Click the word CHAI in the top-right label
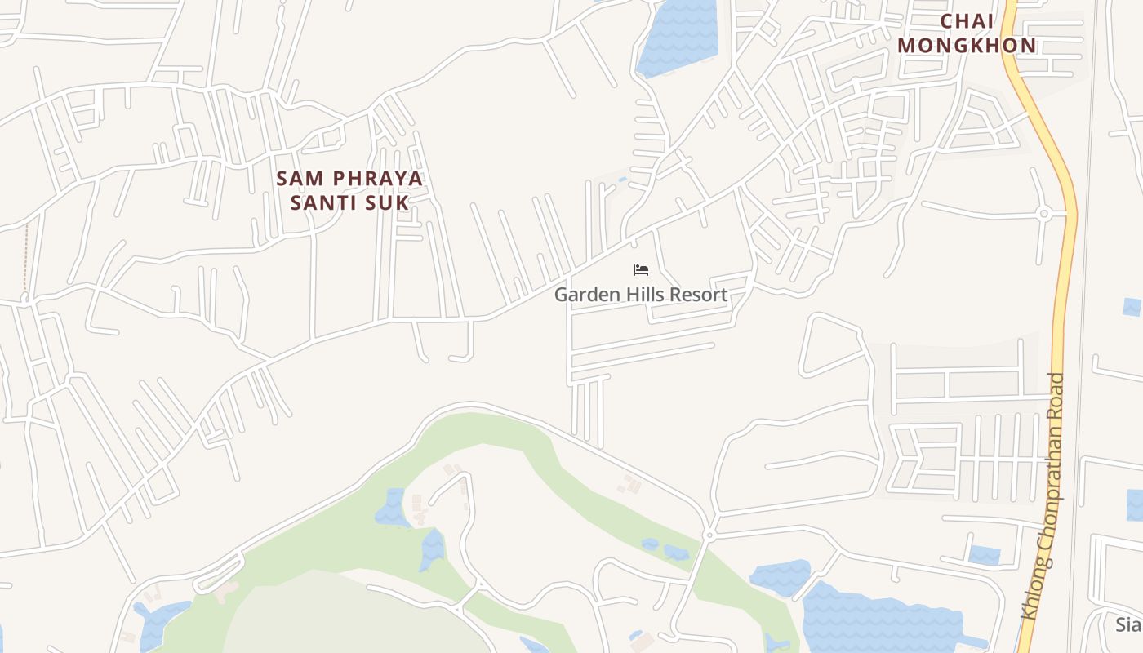(968, 21)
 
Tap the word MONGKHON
(967, 46)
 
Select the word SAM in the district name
(296, 178)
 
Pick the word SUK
(390, 202)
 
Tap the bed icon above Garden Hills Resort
(641, 270)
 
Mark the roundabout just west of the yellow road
(1043, 214)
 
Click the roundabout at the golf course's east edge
(709, 535)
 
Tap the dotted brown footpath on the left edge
(26, 257)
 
